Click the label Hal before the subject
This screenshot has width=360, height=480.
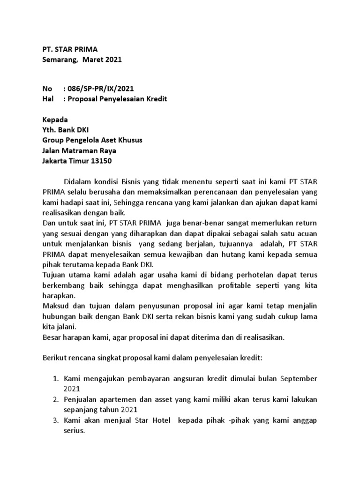point(48,99)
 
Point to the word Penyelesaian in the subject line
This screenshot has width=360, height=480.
point(123,99)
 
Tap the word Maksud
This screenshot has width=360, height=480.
point(55,306)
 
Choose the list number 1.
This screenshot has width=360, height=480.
point(54,378)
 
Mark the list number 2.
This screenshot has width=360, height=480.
point(54,399)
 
